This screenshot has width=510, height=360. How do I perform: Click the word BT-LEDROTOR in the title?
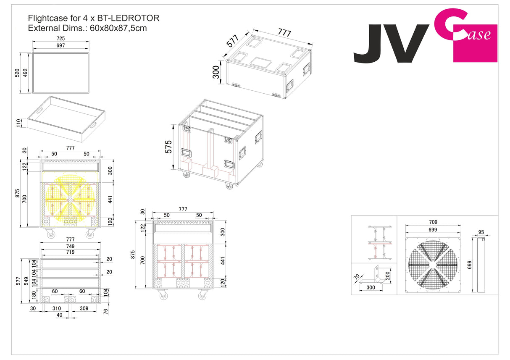[128, 18]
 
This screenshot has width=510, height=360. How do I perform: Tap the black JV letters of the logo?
[391, 44]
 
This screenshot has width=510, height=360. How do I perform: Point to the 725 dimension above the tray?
[61, 38]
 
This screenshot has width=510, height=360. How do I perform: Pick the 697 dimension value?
[61, 45]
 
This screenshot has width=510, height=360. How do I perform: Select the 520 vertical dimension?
[17, 73]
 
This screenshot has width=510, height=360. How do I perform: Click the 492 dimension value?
[25, 73]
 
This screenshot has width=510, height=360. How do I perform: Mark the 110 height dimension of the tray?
[17, 123]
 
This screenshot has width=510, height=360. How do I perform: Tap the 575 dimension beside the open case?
[169, 147]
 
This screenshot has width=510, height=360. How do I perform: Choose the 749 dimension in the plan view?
[70, 246]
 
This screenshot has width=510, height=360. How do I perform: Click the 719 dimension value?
[70, 252]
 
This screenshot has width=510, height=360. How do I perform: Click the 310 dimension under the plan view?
[56, 308]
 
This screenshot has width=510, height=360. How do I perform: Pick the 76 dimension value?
[105, 311]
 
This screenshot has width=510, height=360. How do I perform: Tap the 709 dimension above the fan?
[433, 222]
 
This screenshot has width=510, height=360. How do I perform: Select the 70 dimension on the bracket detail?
[357, 277]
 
